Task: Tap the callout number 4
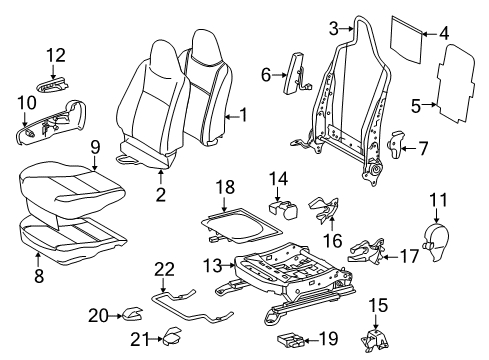click(x=444, y=31)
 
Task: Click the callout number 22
click(x=165, y=268)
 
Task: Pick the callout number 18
click(x=226, y=187)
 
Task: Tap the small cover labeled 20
click(x=130, y=317)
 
